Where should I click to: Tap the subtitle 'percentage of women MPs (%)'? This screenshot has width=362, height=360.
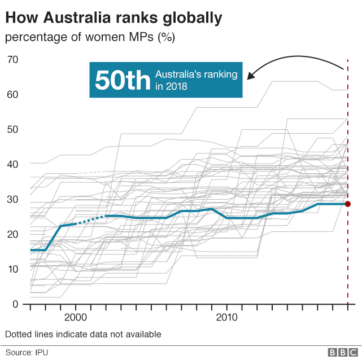tap(90, 38)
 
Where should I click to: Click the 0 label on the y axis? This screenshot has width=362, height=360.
tap(15, 304)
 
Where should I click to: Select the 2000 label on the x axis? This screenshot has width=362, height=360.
tap(76, 317)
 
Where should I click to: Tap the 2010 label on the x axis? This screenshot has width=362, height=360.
tap(226, 317)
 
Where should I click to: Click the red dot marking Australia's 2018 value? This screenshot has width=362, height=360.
tap(348, 204)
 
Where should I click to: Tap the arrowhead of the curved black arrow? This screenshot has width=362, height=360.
tap(250, 75)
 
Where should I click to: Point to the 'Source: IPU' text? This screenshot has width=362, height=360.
tap(27, 352)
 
